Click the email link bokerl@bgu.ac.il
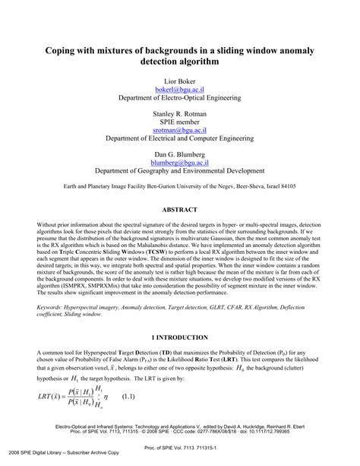pyautogui.click(x=180, y=89)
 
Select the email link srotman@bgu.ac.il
pyautogui.click(x=180, y=129)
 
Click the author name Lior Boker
pyautogui.click(x=180, y=79)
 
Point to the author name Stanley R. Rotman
pyautogui.click(x=180, y=110)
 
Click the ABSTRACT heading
pyautogui.click(x=180, y=208)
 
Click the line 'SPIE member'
pyautogui.click(x=180, y=120)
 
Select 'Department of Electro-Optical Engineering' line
pyautogui.click(x=180, y=99)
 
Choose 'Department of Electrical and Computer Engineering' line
pyautogui.click(x=180, y=139)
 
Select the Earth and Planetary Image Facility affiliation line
pyautogui.click(x=180, y=185)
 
